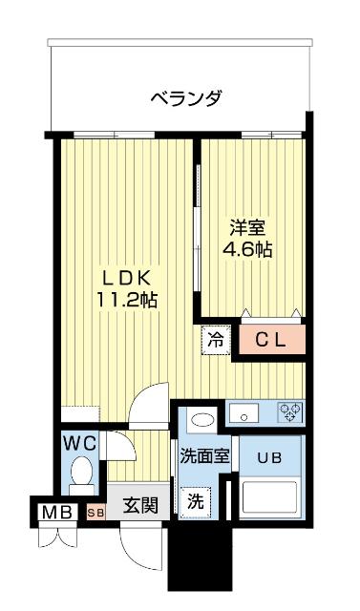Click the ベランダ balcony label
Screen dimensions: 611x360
186,97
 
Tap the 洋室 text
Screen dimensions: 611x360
247,229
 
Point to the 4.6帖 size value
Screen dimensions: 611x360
247,250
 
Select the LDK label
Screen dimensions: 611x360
127,278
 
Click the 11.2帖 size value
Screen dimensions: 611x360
127,299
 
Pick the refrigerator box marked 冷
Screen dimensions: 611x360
216,339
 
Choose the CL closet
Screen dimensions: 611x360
272,339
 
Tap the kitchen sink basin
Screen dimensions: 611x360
244,412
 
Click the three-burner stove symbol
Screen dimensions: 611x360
290,412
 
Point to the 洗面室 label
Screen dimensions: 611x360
204,455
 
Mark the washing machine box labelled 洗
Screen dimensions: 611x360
196,499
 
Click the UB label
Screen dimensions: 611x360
270,456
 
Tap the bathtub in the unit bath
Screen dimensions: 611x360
271,497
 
